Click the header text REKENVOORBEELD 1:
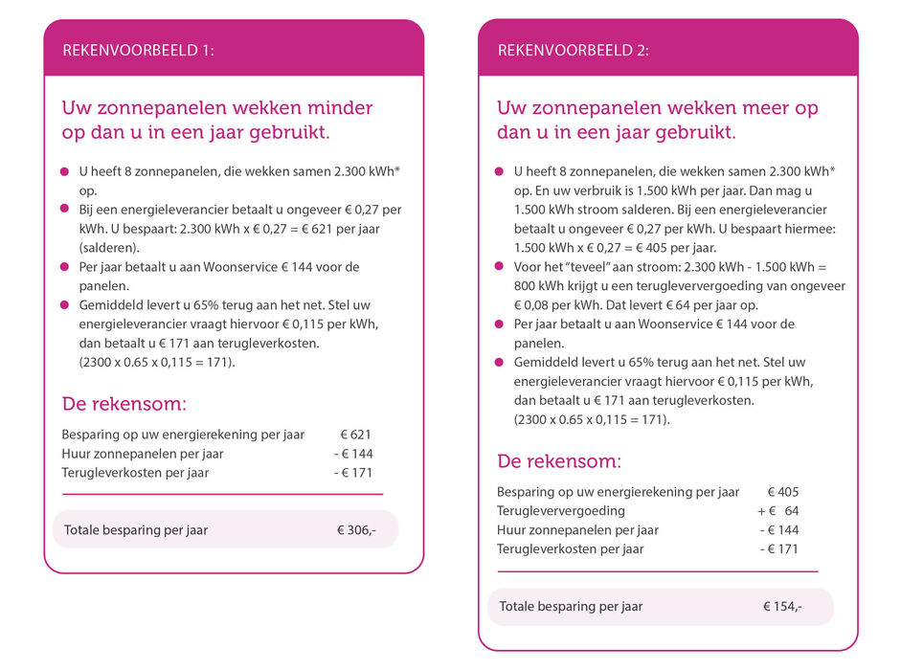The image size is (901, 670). click(138, 51)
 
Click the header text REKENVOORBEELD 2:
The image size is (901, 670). click(573, 51)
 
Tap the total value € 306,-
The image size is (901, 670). click(356, 530)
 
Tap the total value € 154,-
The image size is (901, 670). click(782, 607)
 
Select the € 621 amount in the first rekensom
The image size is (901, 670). click(355, 435)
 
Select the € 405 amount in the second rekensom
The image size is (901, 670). click(782, 492)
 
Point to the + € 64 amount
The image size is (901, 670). click(778, 511)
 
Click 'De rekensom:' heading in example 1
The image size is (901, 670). click(124, 404)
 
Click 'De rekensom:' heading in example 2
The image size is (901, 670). click(559, 461)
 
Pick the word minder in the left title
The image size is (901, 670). click(339, 108)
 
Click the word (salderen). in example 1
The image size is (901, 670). click(108, 247)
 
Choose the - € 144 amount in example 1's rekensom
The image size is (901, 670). click(353, 454)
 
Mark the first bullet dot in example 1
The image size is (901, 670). click(66, 171)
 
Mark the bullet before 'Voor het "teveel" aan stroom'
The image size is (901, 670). click(500, 266)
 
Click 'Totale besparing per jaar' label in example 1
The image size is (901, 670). click(136, 530)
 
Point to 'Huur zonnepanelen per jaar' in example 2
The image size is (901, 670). click(577, 530)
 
